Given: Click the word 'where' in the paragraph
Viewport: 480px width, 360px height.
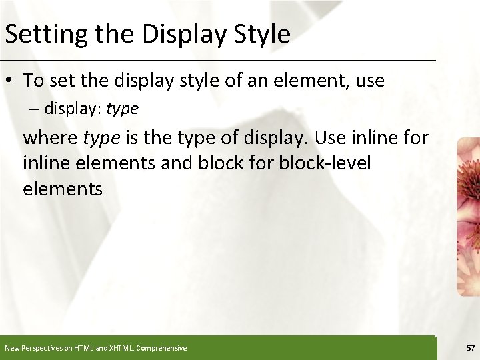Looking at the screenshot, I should [x=51, y=139].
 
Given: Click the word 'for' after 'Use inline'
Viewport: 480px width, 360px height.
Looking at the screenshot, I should [x=413, y=139].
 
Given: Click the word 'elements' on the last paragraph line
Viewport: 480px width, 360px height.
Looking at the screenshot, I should [x=63, y=189].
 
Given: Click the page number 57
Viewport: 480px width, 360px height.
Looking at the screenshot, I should [x=470, y=348].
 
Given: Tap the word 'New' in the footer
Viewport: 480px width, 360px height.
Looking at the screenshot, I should [x=11, y=348].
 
